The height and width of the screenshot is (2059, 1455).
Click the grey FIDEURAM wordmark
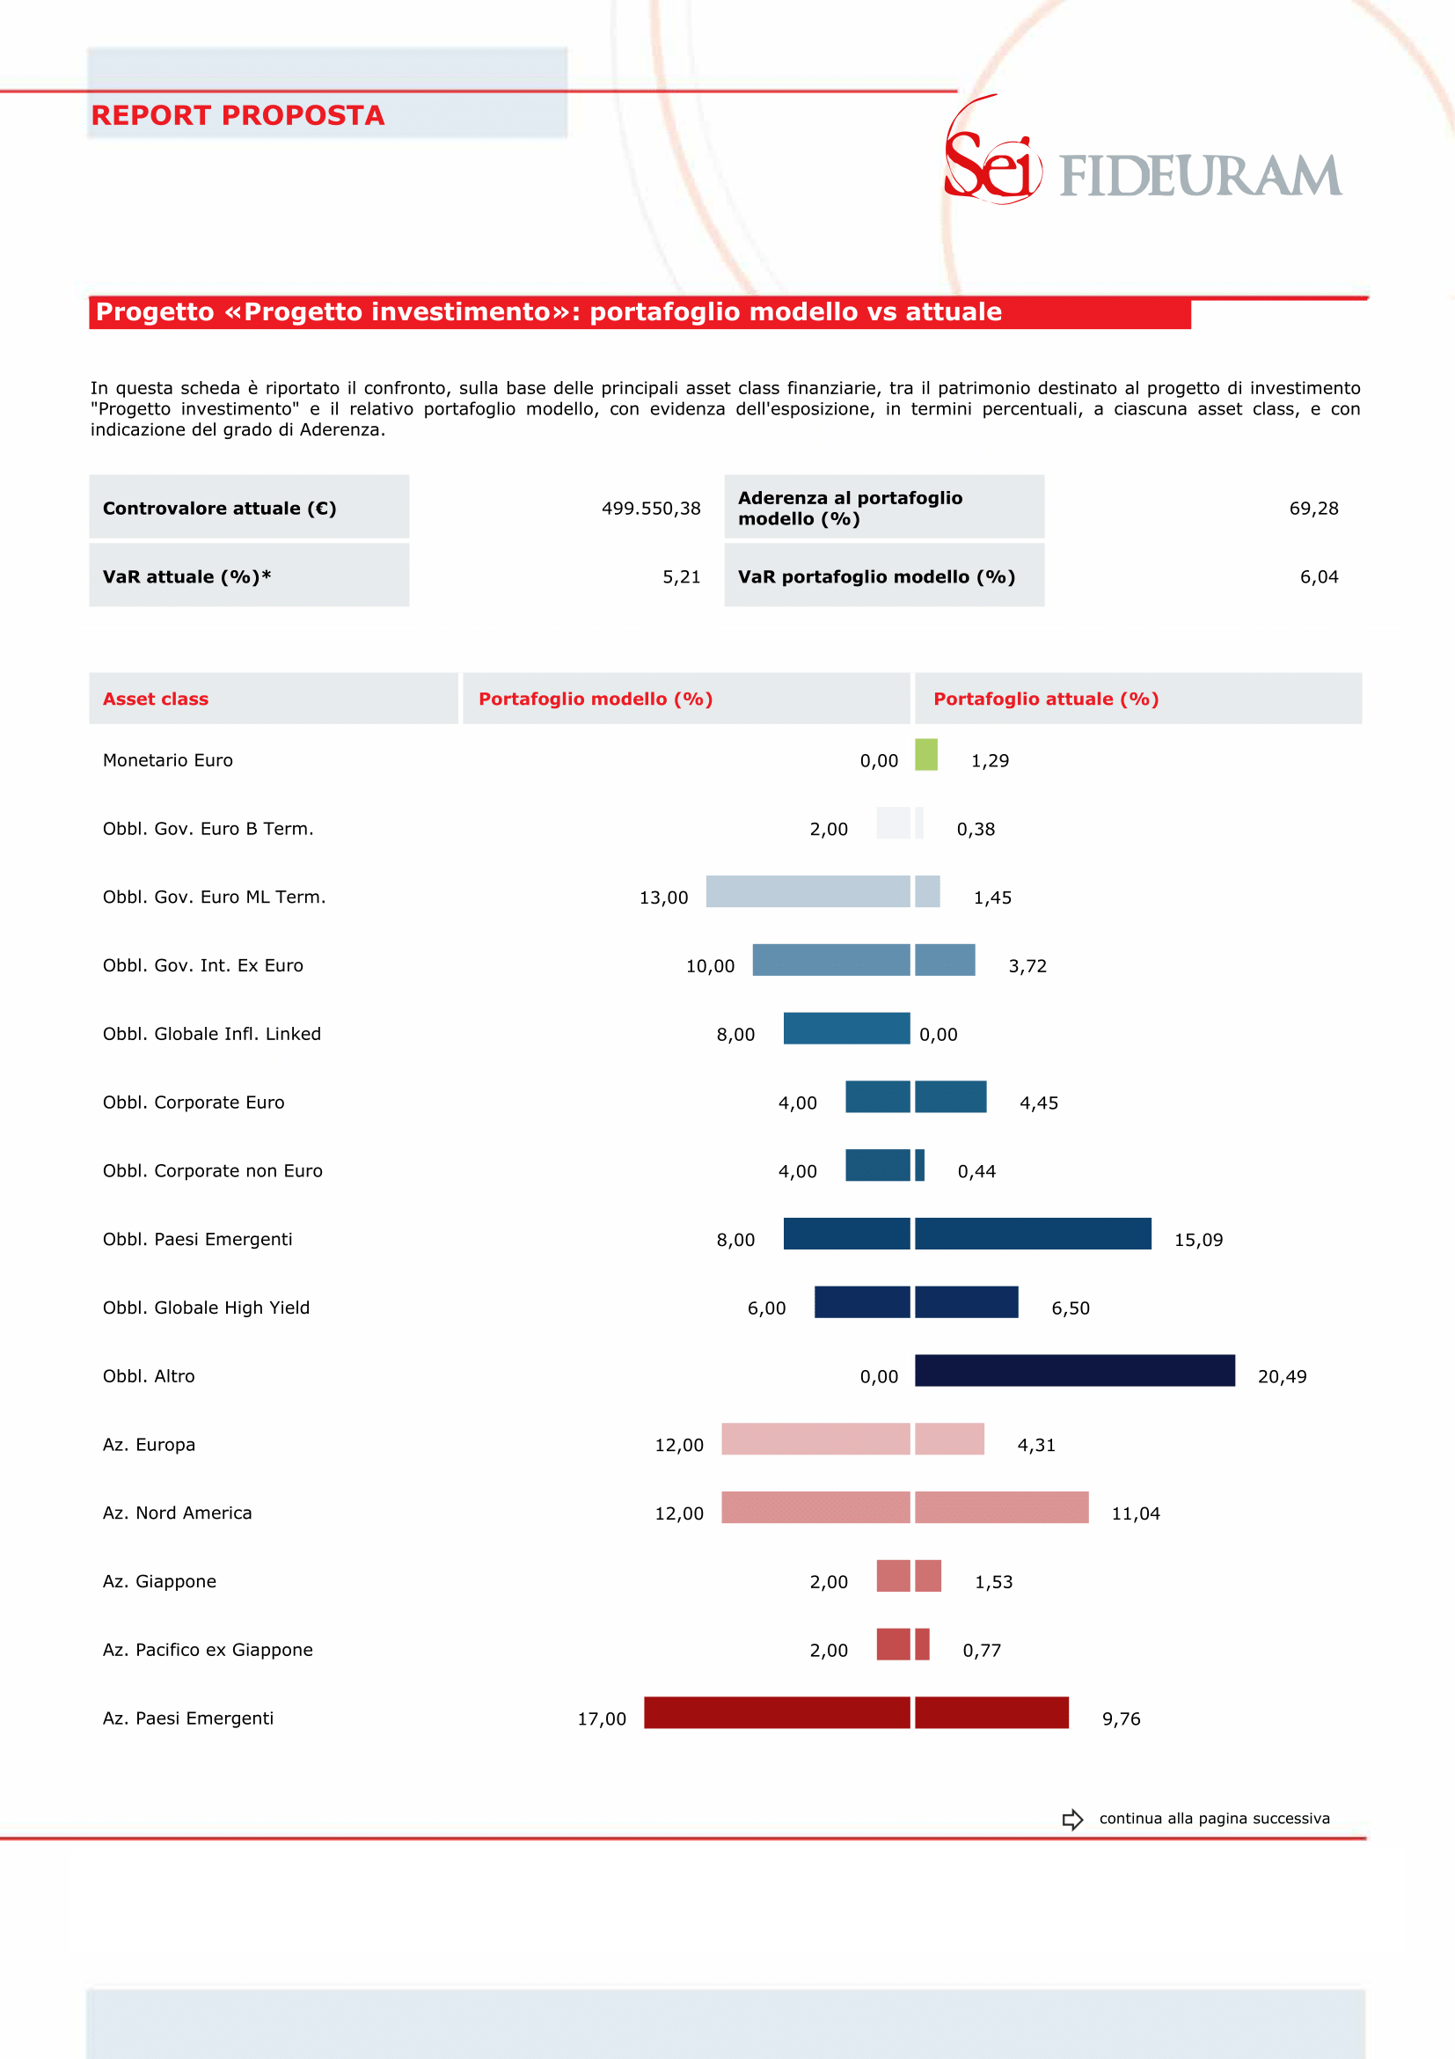(x=1201, y=175)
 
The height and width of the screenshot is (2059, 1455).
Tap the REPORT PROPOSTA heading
(x=238, y=114)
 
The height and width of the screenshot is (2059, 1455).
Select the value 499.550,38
(x=651, y=509)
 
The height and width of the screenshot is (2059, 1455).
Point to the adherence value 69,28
(x=1313, y=509)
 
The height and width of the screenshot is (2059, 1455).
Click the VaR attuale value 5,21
(x=682, y=576)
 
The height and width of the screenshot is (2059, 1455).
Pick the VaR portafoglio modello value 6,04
(x=1319, y=576)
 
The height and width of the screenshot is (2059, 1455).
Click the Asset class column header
(x=155, y=699)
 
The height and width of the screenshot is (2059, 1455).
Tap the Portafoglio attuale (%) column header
(x=1046, y=699)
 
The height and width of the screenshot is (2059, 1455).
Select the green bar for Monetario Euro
(x=926, y=754)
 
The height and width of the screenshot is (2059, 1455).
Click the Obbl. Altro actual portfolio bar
(x=1075, y=1370)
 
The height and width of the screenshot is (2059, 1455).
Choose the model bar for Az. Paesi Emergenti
(x=778, y=1712)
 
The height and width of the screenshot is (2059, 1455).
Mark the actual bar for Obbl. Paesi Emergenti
(x=1033, y=1233)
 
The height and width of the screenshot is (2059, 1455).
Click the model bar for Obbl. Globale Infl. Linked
(x=846, y=1028)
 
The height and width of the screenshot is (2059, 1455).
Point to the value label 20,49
(x=1282, y=1376)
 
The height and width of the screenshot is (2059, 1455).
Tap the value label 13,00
(x=663, y=898)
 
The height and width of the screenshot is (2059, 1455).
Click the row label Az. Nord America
(x=178, y=1513)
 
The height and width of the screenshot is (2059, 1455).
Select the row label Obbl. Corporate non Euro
(x=213, y=1170)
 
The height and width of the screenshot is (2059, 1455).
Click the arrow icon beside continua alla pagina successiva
(x=1072, y=1820)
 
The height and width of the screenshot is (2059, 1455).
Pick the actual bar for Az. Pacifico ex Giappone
(x=923, y=1644)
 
